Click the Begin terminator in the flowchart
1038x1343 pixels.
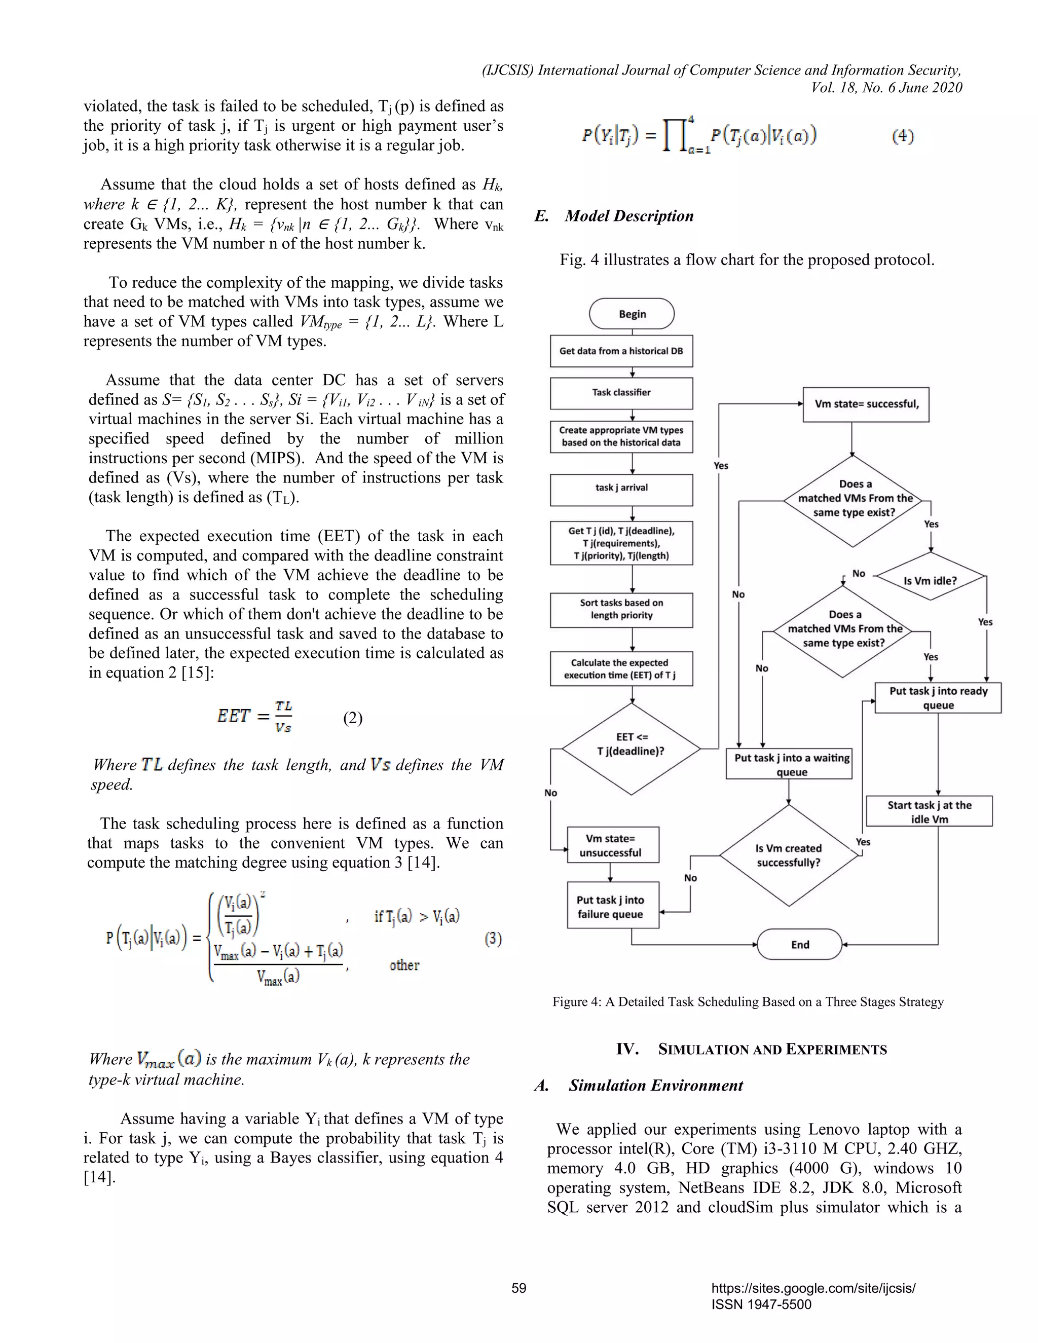pyautogui.click(x=632, y=314)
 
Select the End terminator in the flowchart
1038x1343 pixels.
pyautogui.click(x=799, y=944)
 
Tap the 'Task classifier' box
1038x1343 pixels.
pyautogui.click(x=621, y=393)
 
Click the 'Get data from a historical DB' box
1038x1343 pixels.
pyautogui.click(x=621, y=351)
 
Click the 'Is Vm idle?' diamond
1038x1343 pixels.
pyautogui.click(x=930, y=580)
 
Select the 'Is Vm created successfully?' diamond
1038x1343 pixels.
pyautogui.click(x=788, y=855)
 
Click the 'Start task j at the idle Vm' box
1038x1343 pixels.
pyautogui.click(x=929, y=812)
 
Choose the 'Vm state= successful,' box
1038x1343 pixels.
pyautogui.click(x=866, y=404)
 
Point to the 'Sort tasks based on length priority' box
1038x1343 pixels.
pyautogui.click(x=621, y=609)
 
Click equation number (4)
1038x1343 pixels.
pyautogui.click(x=903, y=136)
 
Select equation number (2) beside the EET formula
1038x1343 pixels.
pyautogui.click(x=352, y=718)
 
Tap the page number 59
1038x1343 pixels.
pyautogui.click(x=519, y=1288)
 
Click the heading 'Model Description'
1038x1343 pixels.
pyautogui.click(x=628, y=216)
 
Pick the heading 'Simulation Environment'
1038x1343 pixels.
pyautogui.click(x=655, y=1086)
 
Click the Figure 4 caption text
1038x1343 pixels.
pyautogui.click(x=748, y=1002)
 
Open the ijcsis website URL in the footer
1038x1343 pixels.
pyautogui.click(x=813, y=1288)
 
